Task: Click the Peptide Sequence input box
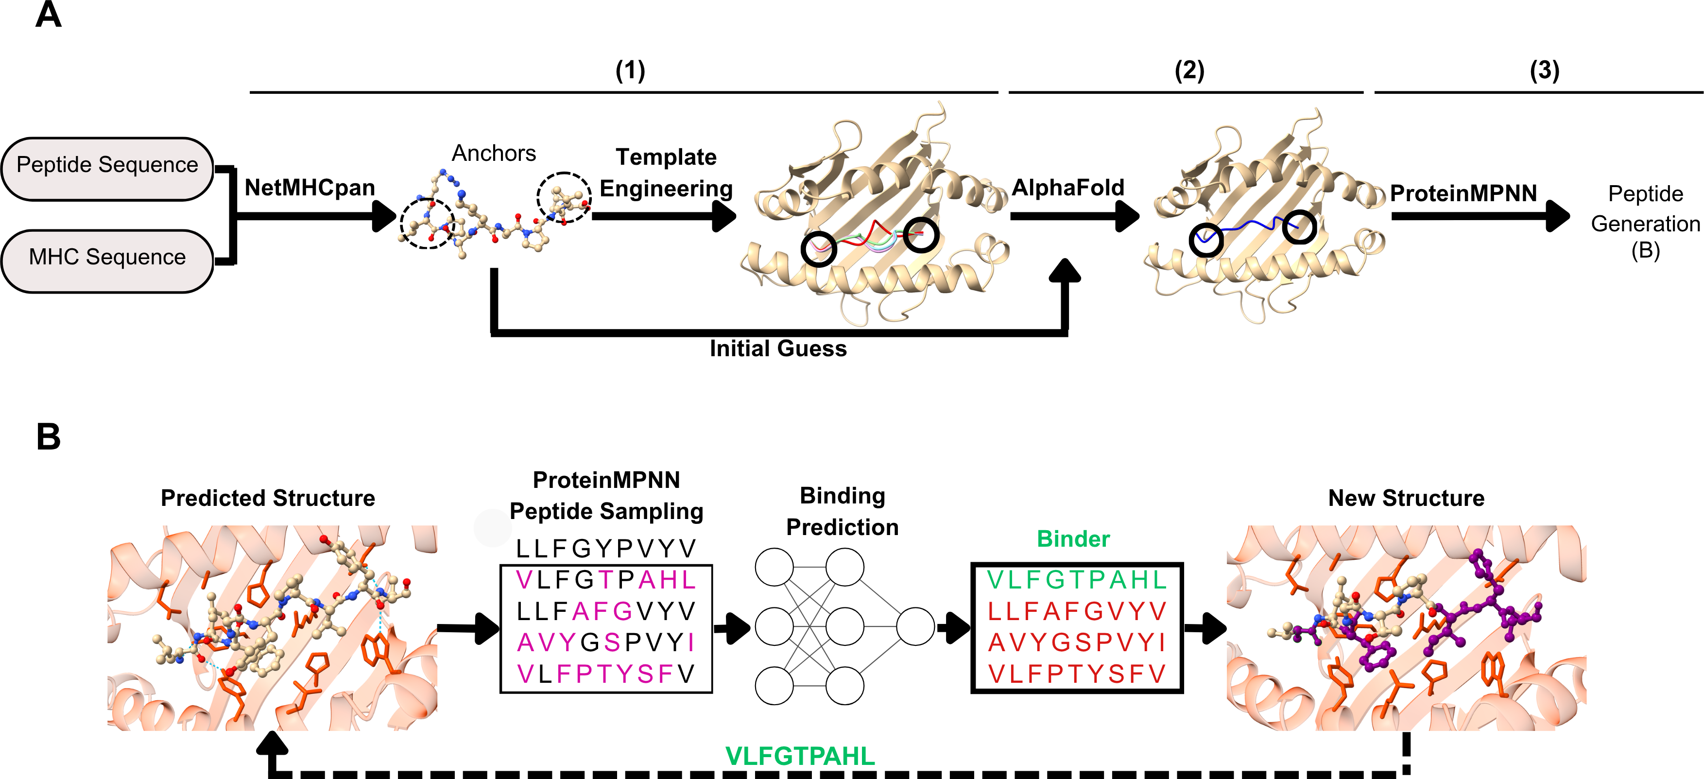click(107, 165)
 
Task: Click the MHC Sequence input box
click(107, 258)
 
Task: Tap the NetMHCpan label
click(310, 188)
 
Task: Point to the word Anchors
click(494, 154)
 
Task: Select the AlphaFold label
click(1067, 188)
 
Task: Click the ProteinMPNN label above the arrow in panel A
click(1463, 193)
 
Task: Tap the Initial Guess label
click(778, 349)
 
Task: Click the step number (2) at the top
click(1188, 70)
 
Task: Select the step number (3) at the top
click(1545, 70)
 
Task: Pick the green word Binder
click(1073, 539)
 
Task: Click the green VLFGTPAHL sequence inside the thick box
click(1076, 580)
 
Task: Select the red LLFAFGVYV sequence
click(1076, 611)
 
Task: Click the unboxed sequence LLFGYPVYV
click(606, 549)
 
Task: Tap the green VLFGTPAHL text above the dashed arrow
click(800, 756)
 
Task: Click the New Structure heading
click(1406, 499)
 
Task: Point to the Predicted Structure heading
click(268, 499)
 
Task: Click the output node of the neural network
click(915, 626)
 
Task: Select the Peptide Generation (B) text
click(1645, 223)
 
